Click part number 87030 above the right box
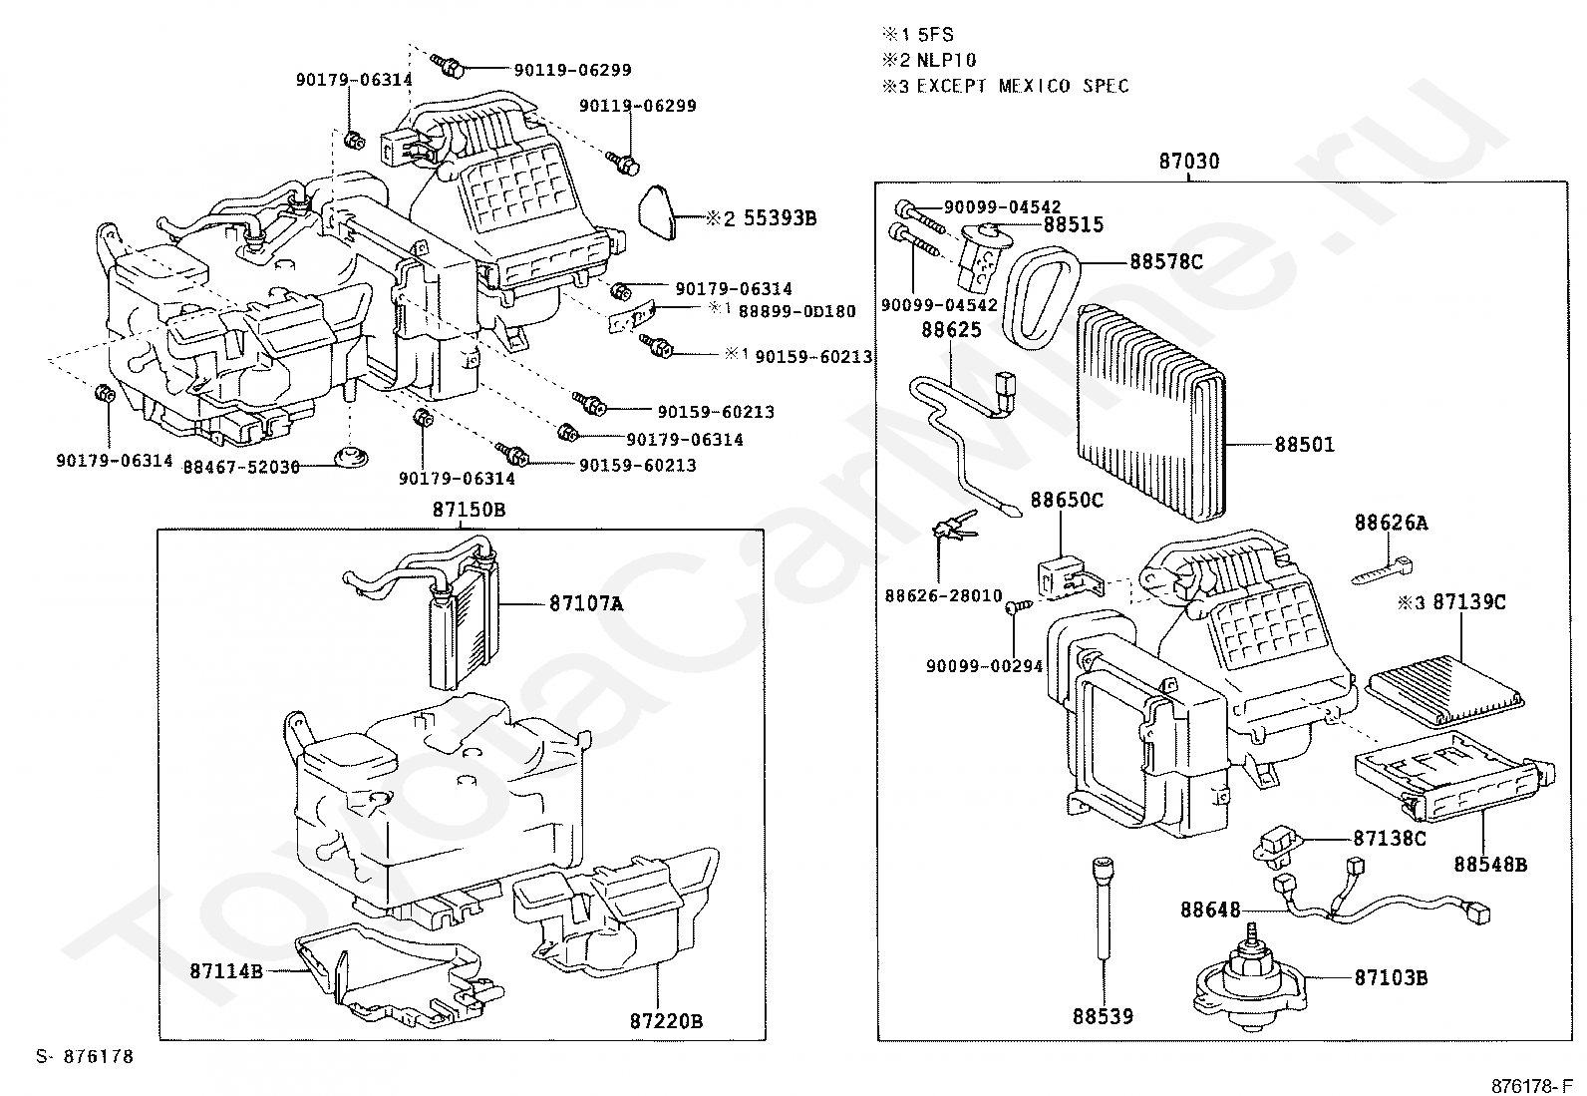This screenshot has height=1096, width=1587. [x=1189, y=162]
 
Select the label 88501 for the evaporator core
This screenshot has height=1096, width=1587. [x=1304, y=445]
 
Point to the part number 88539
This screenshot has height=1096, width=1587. [x=1104, y=1016]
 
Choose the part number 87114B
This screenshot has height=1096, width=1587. [x=226, y=969]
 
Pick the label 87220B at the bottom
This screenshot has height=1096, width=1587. [x=666, y=1021]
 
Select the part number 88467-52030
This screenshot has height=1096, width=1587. [x=241, y=467]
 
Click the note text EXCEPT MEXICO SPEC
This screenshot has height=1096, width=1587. [x=1023, y=87]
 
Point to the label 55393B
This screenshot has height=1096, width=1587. [x=781, y=217]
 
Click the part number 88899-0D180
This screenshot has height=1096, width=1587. [x=796, y=311]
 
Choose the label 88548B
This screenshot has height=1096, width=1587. [x=1490, y=864]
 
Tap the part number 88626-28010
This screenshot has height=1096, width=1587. [x=943, y=596]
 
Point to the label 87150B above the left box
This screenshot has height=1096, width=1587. [x=469, y=510]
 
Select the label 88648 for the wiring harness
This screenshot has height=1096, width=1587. [x=1210, y=910]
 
